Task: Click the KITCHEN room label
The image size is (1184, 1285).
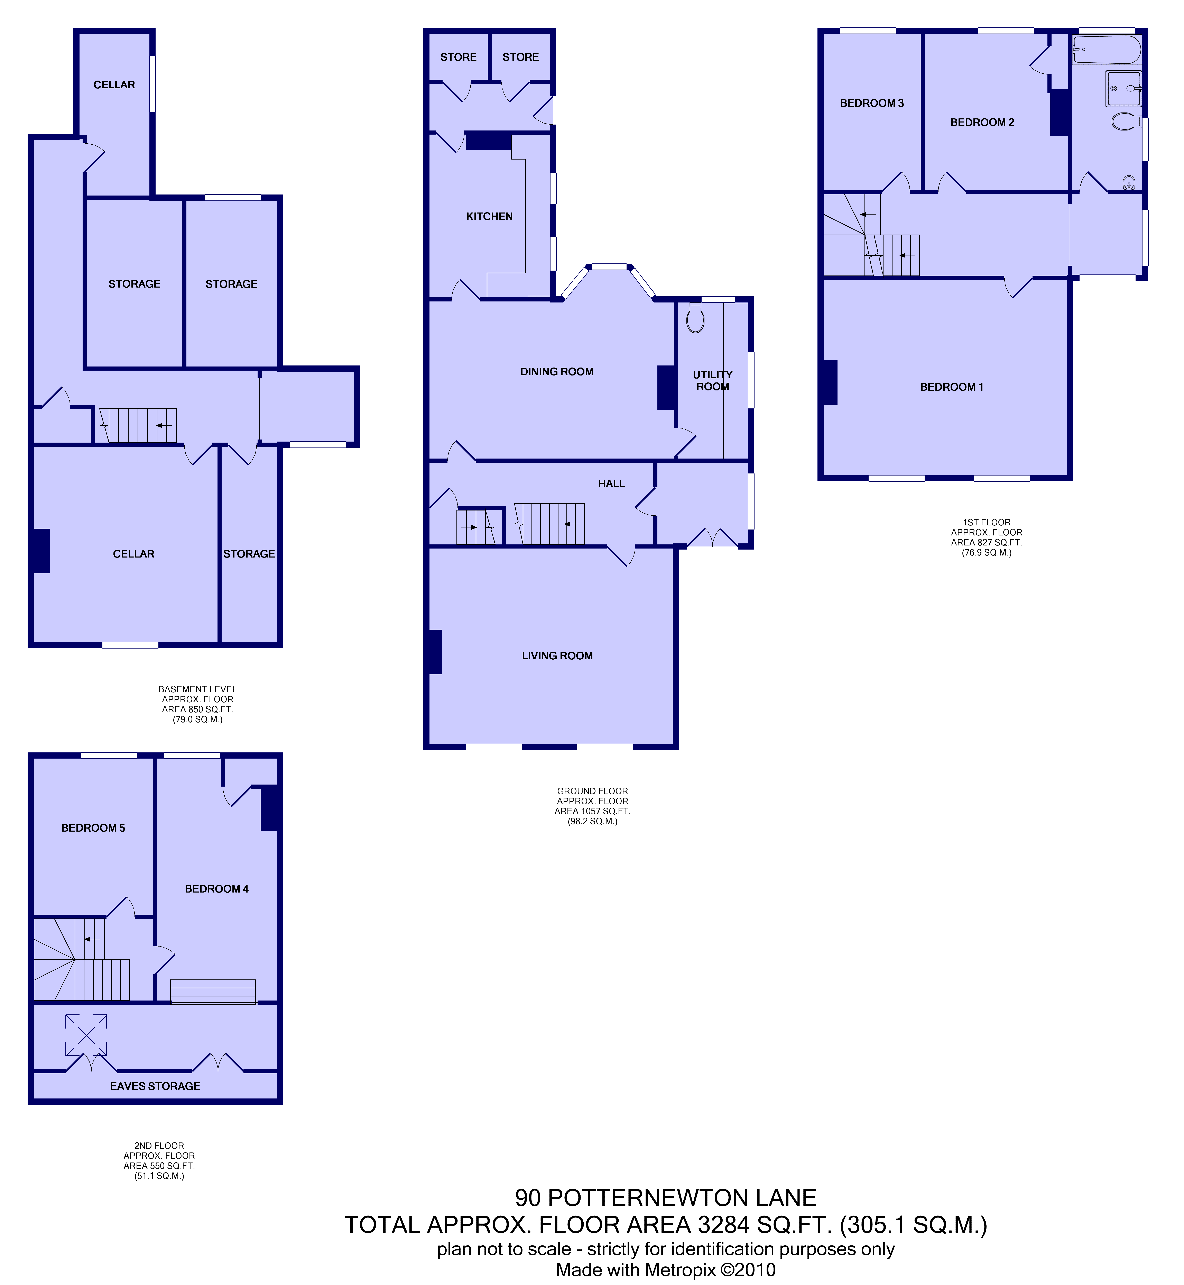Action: (x=490, y=217)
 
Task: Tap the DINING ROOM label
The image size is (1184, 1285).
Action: (x=557, y=372)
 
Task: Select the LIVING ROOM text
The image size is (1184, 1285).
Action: (x=557, y=656)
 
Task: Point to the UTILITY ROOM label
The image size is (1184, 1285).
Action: (x=712, y=381)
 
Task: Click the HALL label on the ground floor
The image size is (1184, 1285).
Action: (x=611, y=484)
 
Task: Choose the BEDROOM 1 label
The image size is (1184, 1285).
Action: (x=951, y=387)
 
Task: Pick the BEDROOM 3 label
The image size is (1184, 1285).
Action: (x=872, y=103)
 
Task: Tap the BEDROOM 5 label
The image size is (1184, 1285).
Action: (x=93, y=828)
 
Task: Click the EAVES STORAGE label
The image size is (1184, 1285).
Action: (x=155, y=1086)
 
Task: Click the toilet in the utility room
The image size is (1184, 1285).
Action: (x=695, y=317)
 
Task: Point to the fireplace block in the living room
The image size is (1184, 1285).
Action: (x=434, y=652)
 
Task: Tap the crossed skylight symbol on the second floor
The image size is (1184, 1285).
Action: (x=86, y=1035)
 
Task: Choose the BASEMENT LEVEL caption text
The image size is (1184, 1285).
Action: (x=197, y=690)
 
